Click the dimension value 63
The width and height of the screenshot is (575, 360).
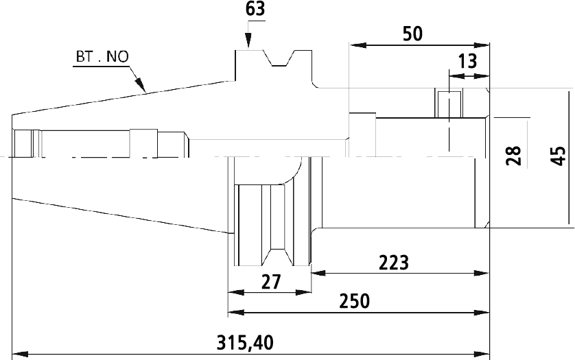coord(255,9)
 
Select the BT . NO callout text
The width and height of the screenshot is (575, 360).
coord(102,57)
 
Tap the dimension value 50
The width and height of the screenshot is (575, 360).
coord(412,34)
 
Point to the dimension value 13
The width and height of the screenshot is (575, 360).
coord(467,61)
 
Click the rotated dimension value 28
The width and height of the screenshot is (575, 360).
coord(514,156)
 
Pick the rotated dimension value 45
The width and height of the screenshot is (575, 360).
coord(559,156)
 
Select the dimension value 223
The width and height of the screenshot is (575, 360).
coord(393,263)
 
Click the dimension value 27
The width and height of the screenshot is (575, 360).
coord(271,282)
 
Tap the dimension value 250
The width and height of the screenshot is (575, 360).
coord(354,301)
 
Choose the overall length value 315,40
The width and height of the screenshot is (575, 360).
coord(245,343)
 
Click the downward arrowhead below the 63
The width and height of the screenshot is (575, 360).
coord(248,40)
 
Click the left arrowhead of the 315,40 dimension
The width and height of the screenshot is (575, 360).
coord(20,355)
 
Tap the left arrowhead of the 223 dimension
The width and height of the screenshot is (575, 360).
coord(318,273)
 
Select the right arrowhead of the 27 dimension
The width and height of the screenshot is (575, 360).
coord(303,293)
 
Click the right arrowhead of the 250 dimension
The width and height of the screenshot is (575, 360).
coord(482,313)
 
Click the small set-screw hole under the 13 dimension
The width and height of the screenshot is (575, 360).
coord(449,104)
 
